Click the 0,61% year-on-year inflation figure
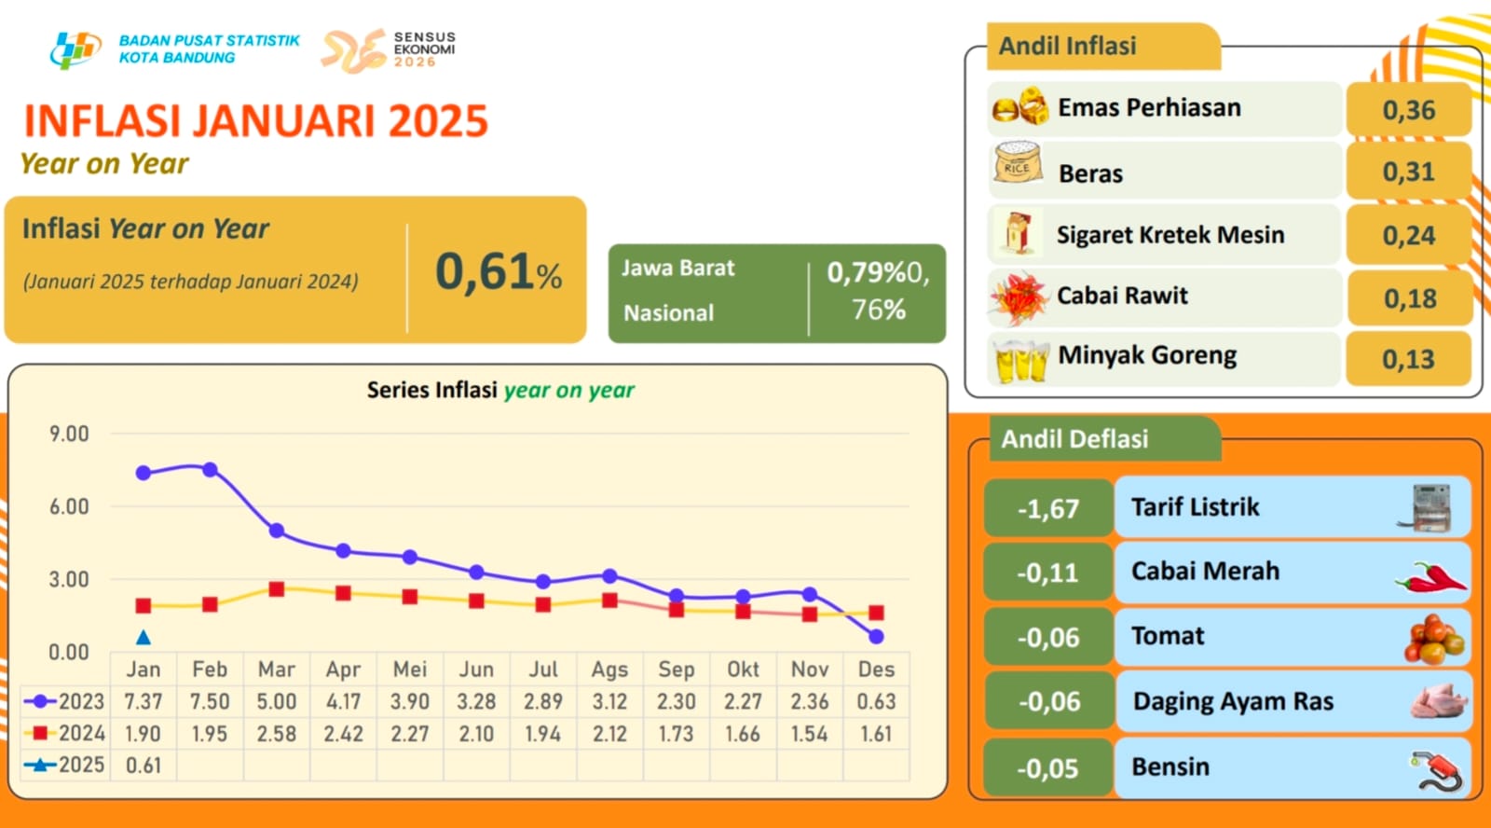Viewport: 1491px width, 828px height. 499,271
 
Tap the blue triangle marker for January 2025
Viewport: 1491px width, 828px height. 144,638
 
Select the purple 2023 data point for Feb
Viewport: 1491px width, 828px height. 210,470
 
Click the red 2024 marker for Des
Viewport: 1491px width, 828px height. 876,613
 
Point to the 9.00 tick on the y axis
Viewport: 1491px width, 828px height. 69,434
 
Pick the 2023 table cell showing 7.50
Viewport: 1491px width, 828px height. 210,701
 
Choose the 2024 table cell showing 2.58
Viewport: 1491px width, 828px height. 277,734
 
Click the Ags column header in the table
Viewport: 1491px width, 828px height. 609,669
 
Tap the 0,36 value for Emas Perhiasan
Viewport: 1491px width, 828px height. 1408,110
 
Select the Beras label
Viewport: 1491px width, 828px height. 1090,173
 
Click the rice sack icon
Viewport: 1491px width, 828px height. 1017,163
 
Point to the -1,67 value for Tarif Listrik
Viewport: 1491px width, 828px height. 1048,509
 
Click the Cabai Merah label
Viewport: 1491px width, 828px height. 1205,571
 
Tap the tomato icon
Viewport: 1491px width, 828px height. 1434,639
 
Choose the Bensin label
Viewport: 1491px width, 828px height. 1170,766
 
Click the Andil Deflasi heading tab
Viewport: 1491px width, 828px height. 1074,439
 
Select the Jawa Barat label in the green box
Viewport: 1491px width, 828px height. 677,269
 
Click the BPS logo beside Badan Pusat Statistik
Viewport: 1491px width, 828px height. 75,48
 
